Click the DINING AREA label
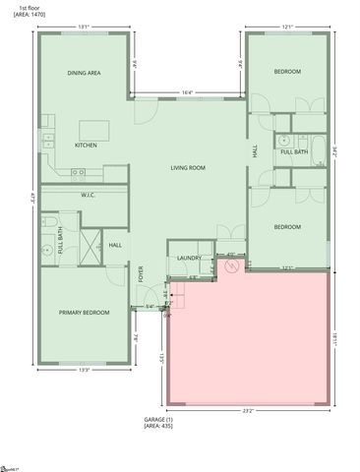[x=84, y=73]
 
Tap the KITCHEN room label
[x=87, y=146]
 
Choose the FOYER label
[x=141, y=272]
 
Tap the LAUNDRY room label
[x=189, y=259]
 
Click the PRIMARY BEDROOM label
[x=84, y=313]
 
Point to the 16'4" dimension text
[x=187, y=93]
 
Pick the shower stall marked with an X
[x=90, y=243]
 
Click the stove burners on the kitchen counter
[x=78, y=172]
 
